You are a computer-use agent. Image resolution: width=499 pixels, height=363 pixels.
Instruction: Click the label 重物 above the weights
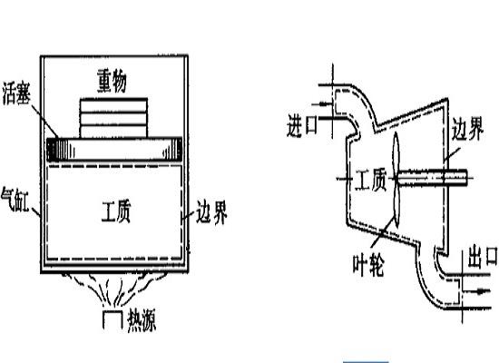[x=112, y=81]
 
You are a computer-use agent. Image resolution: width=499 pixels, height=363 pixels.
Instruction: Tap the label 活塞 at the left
[x=16, y=93]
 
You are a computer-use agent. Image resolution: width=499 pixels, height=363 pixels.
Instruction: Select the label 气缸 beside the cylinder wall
[x=15, y=200]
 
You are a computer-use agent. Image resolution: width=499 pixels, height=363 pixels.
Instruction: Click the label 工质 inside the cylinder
[x=116, y=211]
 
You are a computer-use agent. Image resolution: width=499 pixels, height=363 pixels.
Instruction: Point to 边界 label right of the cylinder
[x=211, y=211]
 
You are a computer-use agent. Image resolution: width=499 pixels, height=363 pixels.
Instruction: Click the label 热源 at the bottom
[x=142, y=320]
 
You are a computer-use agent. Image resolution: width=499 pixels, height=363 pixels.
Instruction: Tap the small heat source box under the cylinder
[x=113, y=319]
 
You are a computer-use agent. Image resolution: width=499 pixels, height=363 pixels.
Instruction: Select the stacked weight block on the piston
[x=113, y=118]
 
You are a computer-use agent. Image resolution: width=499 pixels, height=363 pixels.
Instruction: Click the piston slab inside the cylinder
[x=114, y=150]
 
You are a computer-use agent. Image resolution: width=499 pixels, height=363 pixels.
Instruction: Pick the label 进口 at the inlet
[x=302, y=125]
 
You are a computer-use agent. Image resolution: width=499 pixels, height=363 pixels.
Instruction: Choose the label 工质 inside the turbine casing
[x=371, y=180]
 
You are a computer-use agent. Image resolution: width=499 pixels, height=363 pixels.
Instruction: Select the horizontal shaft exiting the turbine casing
[x=432, y=178]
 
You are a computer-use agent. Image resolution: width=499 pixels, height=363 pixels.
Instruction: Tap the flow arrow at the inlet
[x=320, y=103]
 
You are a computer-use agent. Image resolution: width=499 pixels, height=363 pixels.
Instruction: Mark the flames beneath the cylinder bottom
[x=113, y=289]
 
